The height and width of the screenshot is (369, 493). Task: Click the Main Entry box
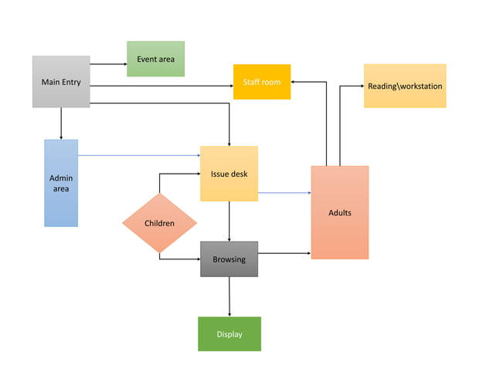[61, 81]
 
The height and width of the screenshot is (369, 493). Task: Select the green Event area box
[155, 59]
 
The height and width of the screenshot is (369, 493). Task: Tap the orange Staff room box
[262, 82]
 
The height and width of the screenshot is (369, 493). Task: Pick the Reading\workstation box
[405, 86]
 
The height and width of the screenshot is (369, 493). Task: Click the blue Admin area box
[61, 183]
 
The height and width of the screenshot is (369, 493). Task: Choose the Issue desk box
[229, 174]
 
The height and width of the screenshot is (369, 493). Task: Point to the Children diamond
[159, 223]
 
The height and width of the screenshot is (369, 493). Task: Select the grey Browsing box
[229, 259]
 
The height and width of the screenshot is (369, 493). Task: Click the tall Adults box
[340, 212]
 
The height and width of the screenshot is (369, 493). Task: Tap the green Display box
[229, 333]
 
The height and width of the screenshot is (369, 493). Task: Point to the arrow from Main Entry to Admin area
[61, 124]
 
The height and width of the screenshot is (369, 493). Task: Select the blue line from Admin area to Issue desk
[139, 155]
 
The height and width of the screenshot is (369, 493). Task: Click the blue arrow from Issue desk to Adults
[284, 192]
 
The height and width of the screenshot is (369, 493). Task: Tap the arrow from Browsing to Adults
[284, 252]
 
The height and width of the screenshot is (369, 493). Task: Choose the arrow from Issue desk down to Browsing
[229, 221]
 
